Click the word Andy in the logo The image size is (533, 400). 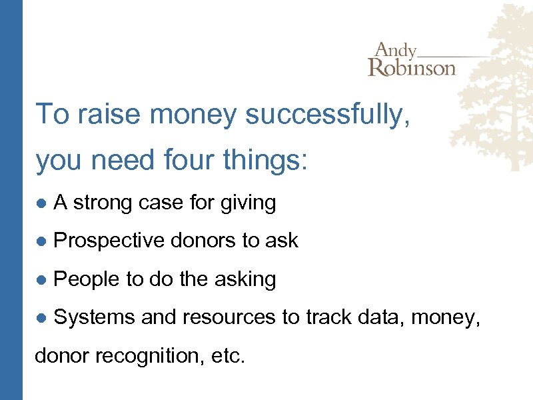396,51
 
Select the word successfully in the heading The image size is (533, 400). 327,114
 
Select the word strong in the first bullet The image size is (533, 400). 103,203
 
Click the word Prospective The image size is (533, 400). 109,241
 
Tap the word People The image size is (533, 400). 83,279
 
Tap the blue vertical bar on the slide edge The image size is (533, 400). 11,200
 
